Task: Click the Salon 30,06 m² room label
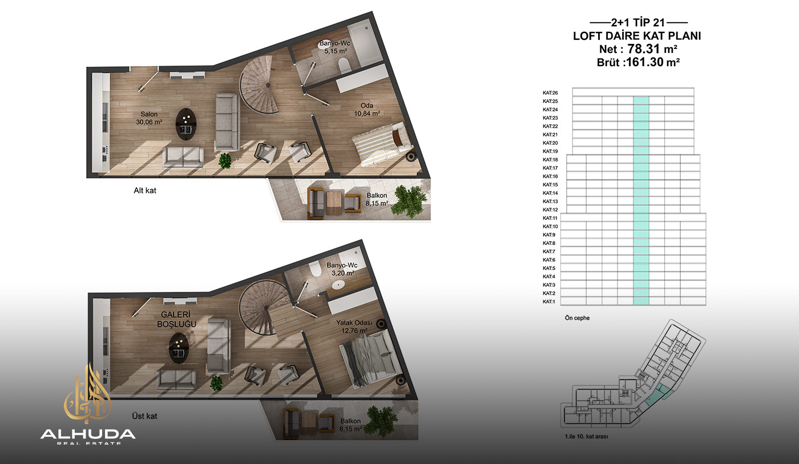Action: (x=149, y=118)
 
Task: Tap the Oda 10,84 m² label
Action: (x=366, y=109)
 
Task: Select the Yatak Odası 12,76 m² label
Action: (x=354, y=327)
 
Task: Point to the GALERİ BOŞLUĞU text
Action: (x=176, y=319)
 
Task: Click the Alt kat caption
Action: (x=145, y=190)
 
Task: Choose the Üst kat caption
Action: (x=144, y=416)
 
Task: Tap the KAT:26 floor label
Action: (x=550, y=93)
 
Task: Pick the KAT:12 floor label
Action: (x=550, y=210)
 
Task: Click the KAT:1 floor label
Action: (x=549, y=302)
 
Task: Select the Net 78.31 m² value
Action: (x=638, y=49)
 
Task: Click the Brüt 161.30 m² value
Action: (x=638, y=62)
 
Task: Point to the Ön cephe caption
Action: (x=577, y=318)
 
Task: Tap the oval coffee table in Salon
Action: (x=186, y=124)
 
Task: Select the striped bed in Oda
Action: (x=382, y=144)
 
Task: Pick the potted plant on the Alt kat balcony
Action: (x=409, y=201)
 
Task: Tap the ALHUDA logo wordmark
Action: (x=88, y=434)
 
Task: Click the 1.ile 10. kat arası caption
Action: (x=587, y=437)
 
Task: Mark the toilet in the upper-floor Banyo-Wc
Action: (x=315, y=268)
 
